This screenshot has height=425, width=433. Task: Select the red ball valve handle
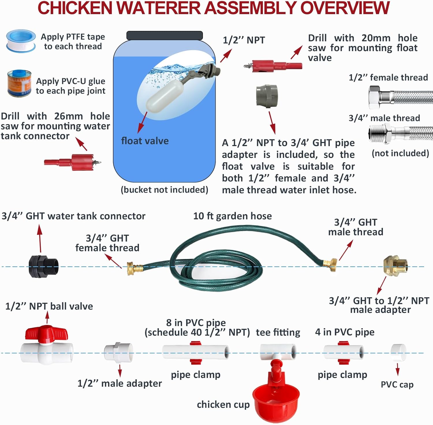coord(46,333)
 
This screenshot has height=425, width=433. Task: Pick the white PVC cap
coord(398,353)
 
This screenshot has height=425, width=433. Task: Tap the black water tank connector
coord(43,266)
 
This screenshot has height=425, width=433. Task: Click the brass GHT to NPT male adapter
coord(395,265)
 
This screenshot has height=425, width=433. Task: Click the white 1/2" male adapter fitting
coord(118,352)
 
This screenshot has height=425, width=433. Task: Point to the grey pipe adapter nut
coord(267,96)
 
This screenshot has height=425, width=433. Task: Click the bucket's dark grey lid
coord(165,36)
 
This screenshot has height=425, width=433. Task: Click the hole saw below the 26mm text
coord(72,162)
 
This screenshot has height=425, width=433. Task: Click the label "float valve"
coord(145,141)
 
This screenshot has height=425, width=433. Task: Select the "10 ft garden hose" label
coord(232,216)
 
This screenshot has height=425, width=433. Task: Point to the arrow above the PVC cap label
coord(397,369)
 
